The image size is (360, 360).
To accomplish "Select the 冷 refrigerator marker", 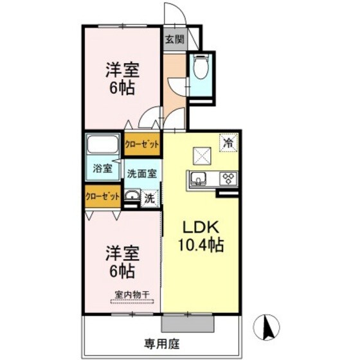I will coord(229,142).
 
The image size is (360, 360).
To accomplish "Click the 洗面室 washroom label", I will coord(141,173).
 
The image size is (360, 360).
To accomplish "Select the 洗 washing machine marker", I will coord(149,199).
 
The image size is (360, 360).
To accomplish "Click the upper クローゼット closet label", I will coord(141,145).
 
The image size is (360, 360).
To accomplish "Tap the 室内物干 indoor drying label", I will coord(132,295).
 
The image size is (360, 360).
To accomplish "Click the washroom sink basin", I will coord(132,198).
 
